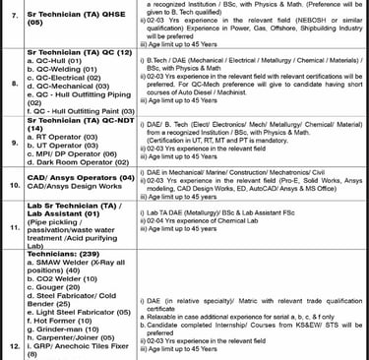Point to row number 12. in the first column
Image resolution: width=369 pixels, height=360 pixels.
(12, 346)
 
